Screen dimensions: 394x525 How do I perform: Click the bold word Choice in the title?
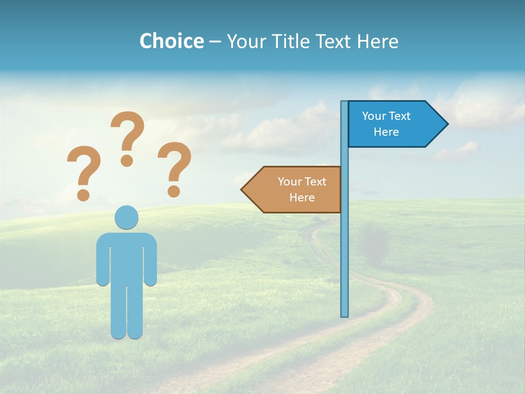[x=171, y=41]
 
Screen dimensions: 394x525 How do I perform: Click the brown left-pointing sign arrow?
[x=293, y=189]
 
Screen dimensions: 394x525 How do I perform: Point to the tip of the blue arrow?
[x=447, y=124]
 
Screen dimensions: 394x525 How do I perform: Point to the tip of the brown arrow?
[x=242, y=189]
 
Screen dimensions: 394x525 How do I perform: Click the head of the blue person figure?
[x=126, y=217]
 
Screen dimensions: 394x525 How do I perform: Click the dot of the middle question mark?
[x=127, y=160]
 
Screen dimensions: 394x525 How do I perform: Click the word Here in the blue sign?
[x=386, y=132]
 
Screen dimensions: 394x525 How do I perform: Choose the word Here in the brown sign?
[x=302, y=198]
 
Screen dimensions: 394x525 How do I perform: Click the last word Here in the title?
[x=377, y=41]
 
